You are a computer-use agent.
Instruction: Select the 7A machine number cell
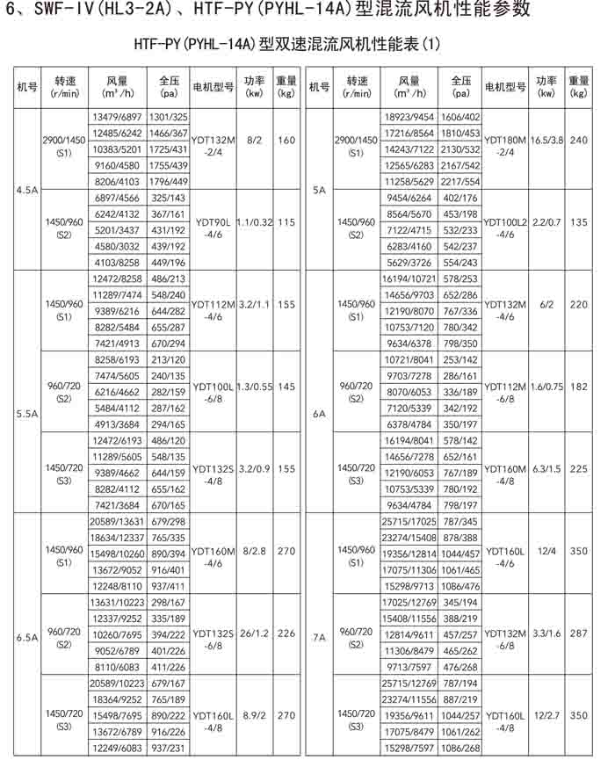[318, 639]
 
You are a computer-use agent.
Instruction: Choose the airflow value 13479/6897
[117, 117]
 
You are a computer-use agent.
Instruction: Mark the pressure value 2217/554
[460, 181]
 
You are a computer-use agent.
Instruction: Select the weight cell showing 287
[577, 633]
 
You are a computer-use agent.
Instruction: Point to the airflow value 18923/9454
[409, 117]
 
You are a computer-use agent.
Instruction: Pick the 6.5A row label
[25, 639]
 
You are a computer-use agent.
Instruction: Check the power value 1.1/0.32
[256, 223]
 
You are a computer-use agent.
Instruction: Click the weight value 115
[286, 223]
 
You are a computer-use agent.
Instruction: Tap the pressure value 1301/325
[168, 117]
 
